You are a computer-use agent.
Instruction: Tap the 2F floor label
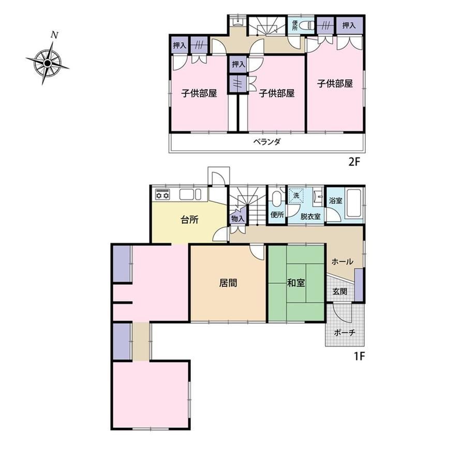pos(354,162)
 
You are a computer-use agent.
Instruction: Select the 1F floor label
pos(359,356)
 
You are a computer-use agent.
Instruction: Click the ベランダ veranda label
pos(267,142)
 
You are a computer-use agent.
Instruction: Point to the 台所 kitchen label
pos(190,220)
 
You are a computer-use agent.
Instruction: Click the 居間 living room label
pos(228,283)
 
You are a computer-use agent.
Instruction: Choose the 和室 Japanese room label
pos(296,283)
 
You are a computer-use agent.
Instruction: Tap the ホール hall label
pos(342,262)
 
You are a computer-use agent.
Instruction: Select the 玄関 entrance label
pos(340,292)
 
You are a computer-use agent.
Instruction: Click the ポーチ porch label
pos(345,332)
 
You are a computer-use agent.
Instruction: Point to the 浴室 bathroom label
pos(336,200)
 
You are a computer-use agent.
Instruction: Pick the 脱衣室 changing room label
pos(310,216)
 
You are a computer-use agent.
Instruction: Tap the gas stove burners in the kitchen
pos(162,194)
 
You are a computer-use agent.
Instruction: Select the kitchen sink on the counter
pos(190,194)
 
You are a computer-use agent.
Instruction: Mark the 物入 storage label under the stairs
pos(237,218)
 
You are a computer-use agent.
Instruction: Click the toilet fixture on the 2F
pos(307,25)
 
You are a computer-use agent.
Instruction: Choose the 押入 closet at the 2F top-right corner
pos(349,25)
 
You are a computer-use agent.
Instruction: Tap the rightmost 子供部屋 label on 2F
pos(335,83)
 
